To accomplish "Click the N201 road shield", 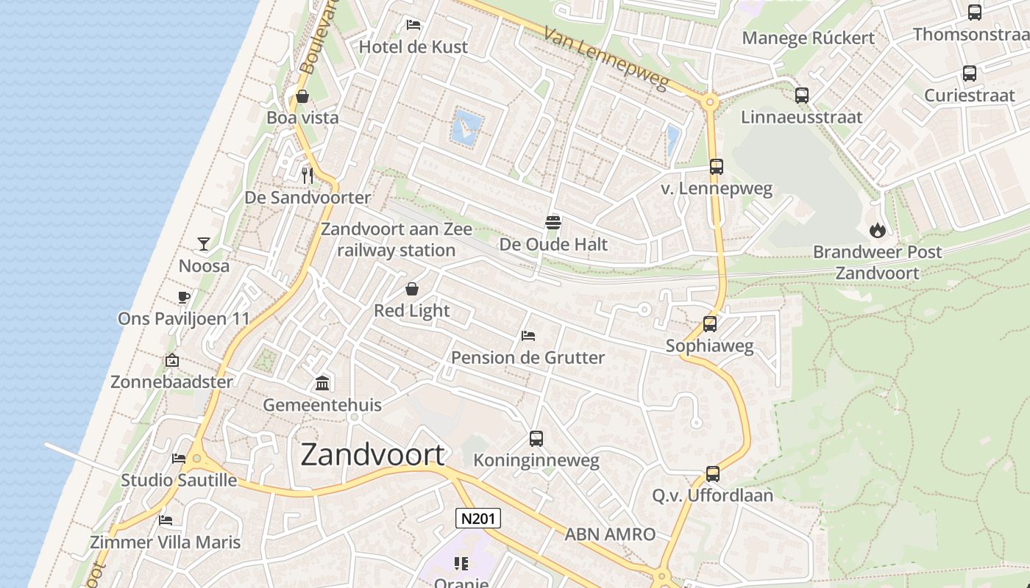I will pyautogui.click(x=478, y=518).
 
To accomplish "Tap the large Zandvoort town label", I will pyautogui.click(x=372, y=455).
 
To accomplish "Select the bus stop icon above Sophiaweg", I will pyautogui.click(x=710, y=323).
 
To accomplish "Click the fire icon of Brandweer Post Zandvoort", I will pyautogui.click(x=877, y=230).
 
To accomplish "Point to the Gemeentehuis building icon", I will pyautogui.click(x=322, y=383).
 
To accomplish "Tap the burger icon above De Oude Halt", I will pyautogui.click(x=553, y=222).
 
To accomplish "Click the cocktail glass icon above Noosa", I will pyautogui.click(x=204, y=244).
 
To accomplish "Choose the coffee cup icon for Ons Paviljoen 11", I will pyautogui.click(x=183, y=297).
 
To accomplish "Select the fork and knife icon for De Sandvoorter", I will pyautogui.click(x=308, y=175).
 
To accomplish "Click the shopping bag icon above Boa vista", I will pyautogui.click(x=302, y=96).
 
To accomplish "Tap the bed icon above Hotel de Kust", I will pyautogui.click(x=413, y=25).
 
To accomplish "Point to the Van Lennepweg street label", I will pyautogui.click(x=607, y=59).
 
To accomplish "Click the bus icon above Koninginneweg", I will pyautogui.click(x=536, y=439).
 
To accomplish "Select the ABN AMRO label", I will pyautogui.click(x=610, y=534).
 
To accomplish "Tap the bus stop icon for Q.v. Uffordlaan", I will pyautogui.click(x=712, y=474).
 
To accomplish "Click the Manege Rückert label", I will pyautogui.click(x=808, y=38).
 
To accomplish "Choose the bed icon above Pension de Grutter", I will pyautogui.click(x=528, y=336).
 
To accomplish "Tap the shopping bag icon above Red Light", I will pyautogui.click(x=412, y=289).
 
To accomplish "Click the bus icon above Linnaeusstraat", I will pyautogui.click(x=802, y=95).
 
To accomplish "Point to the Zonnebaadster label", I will pyautogui.click(x=171, y=381).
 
